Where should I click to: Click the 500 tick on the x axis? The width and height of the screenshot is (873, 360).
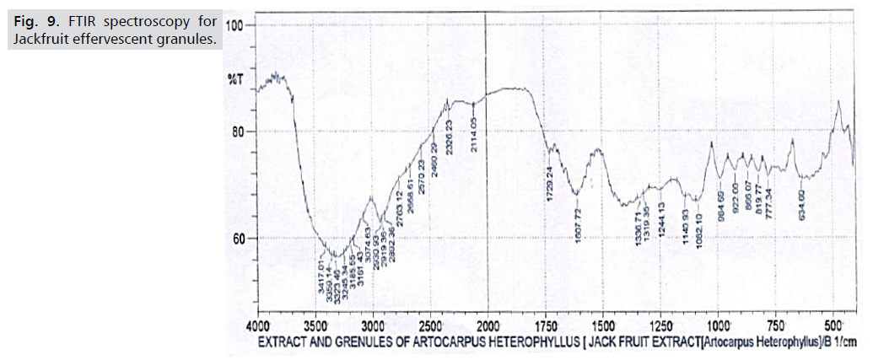833,325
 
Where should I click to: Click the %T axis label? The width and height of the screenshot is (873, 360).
234,79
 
